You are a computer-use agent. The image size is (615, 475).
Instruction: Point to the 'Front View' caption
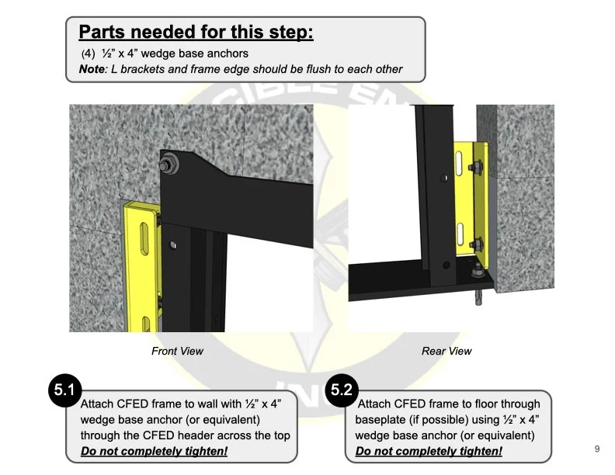pos(177,351)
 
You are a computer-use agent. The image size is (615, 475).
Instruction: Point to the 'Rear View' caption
pos(446,351)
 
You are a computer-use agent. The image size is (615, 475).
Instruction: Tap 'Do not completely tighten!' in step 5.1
pos(154,451)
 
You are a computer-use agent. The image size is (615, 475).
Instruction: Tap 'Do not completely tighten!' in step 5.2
pos(429,451)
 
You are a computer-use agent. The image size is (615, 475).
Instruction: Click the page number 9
pos(596,449)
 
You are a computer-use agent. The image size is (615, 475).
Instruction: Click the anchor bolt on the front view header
pos(169,166)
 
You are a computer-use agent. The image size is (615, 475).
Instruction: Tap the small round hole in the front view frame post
pos(172,247)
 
